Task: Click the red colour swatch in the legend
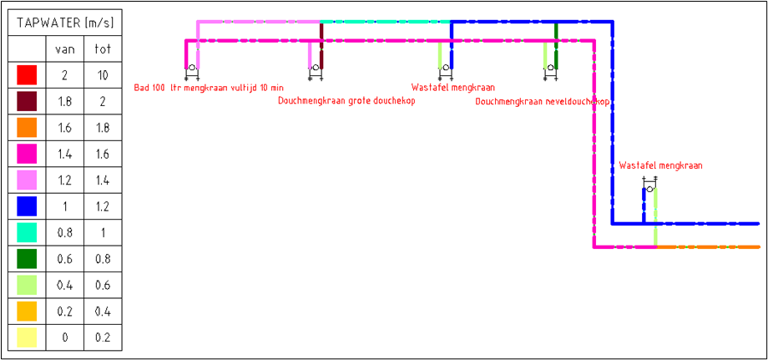(27, 75)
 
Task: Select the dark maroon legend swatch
(27, 101)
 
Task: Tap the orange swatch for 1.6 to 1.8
(27, 128)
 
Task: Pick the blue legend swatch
(27, 205)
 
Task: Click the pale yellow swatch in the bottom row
(27, 337)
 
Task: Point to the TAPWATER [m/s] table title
(64, 23)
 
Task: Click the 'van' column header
(64, 49)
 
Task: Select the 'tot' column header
(103, 49)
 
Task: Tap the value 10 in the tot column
(103, 75)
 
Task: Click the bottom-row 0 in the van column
(64, 337)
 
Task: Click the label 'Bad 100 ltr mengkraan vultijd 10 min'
(209, 87)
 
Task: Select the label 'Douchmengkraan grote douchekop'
(346, 101)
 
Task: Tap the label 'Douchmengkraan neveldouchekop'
(543, 101)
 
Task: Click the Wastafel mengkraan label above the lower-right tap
(660, 165)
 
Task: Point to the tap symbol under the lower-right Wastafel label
(649, 188)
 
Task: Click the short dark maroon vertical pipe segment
(321, 31)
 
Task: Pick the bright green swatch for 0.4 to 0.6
(27, 285)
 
